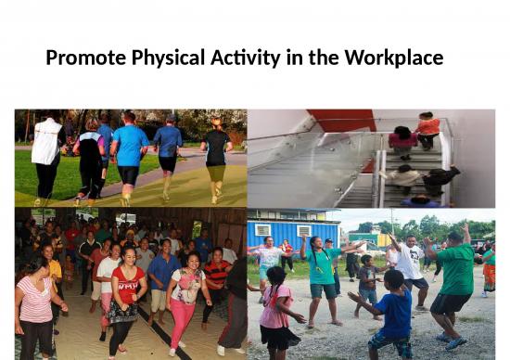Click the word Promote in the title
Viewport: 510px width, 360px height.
[x=82, y=58]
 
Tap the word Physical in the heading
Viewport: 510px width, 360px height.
[x=163, y=58]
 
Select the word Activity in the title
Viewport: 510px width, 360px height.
[x=243, y=58]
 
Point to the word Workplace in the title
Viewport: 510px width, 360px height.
[x=393, y=58]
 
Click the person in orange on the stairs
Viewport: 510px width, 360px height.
[x=427, y=129]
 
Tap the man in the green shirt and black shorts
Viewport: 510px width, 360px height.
[x=454, y=278]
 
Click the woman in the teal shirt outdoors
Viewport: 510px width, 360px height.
[x=324, y=270]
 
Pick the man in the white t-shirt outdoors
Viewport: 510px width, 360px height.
[x=409, y=264]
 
